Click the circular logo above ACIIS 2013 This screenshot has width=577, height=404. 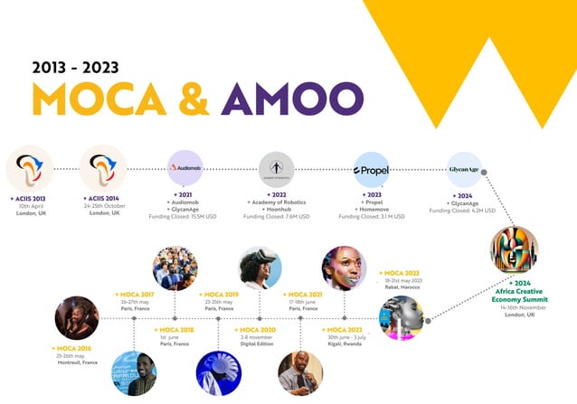[x=30, y=169]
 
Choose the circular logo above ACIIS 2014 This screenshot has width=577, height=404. [x=102, y=169]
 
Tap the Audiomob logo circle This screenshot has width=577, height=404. [x=185, y=168]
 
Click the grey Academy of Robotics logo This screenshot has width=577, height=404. [x=276, y=169]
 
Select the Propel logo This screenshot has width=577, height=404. [x=372, y=169]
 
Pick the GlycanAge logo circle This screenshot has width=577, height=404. [x=464, y=169]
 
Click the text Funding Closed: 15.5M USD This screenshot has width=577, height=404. [x=185, y=217]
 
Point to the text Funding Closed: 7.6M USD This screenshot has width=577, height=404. [x=276, y=217]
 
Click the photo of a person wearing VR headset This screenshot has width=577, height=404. [x=260, y=268]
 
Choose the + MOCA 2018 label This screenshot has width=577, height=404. [x=175, y=330]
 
